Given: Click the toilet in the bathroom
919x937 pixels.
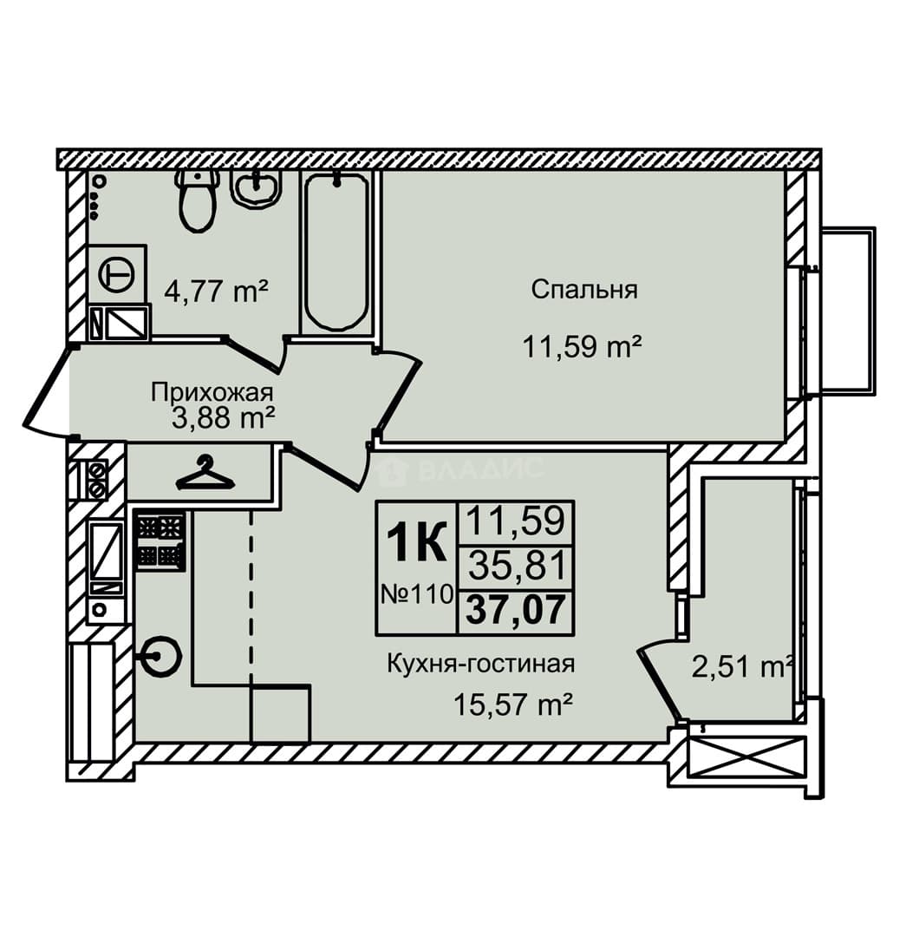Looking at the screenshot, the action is click(x=197, y=199).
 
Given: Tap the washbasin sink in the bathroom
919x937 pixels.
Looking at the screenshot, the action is click(x=257, y=187).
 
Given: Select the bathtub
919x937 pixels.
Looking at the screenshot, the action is click(x=336, y=251).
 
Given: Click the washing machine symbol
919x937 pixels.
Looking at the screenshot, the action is click(x=118, y=275).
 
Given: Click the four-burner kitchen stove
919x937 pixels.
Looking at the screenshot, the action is click(x=160, y=541).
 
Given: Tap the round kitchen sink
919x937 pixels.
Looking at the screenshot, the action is click(x=160, y=656).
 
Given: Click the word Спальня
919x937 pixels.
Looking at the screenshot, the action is click(x=584, y=290).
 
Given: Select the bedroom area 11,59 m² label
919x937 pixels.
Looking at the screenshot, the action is click(x=583, y=346).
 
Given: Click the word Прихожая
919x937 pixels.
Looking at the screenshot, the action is click(x=212, y=393).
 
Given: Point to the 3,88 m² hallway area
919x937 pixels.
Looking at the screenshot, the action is click(x=223, y=418).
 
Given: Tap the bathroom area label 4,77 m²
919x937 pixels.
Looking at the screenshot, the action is click(x=217, y=292).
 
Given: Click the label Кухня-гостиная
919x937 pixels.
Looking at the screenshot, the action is click(x=480, y=664).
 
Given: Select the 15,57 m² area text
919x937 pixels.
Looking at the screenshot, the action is click(x=513, y=705).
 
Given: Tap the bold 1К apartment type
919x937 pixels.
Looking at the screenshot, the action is click(x=416, y=542).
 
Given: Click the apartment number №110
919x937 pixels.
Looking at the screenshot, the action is click(x=417, y=594).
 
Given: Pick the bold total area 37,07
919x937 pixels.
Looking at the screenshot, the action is click(x=515, y=610).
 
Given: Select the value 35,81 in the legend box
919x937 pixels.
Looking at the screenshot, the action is click(x=517, y=566).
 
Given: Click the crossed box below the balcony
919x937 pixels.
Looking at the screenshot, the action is click(x=746, y=757).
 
